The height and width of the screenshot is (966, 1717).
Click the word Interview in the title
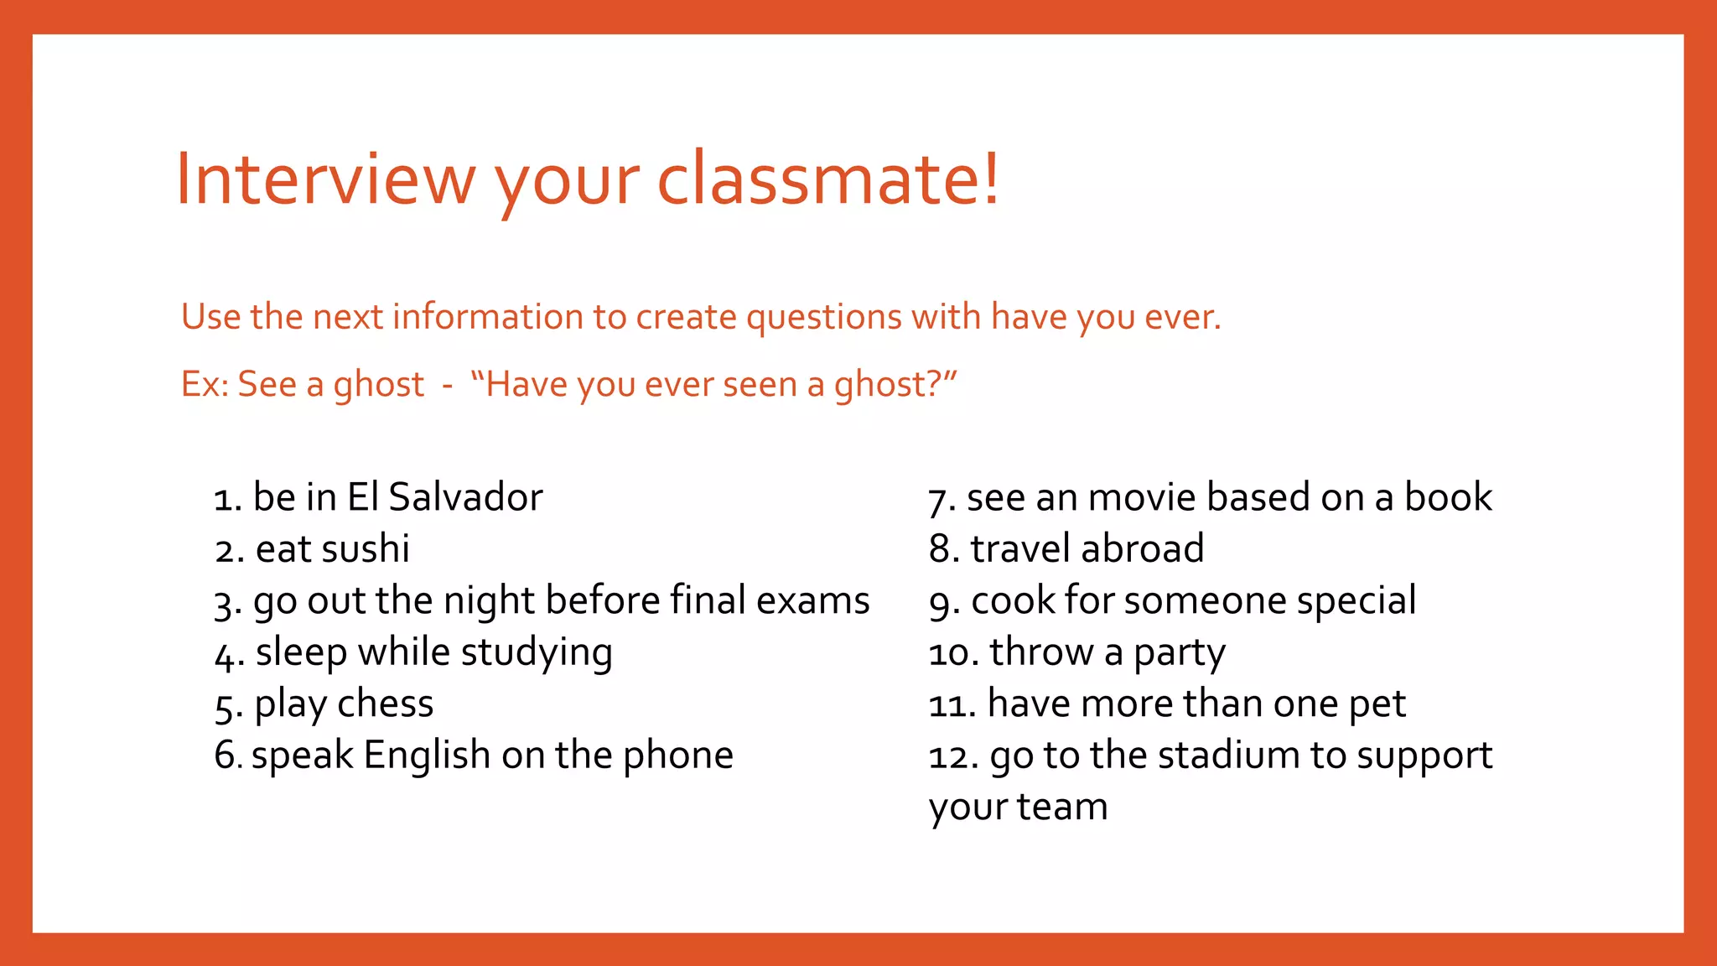click(x=325, y=179)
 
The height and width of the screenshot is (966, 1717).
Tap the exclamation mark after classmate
click(x=992, y=178)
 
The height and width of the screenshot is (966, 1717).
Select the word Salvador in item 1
click(x=465, y=497)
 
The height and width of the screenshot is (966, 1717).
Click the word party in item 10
click(x=1179, y=653)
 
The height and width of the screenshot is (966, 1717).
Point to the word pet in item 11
click(x=1377, y=704)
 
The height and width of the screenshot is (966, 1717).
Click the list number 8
click(x=942, y=549)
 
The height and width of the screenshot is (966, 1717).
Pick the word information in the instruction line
click(x=488, y=317)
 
